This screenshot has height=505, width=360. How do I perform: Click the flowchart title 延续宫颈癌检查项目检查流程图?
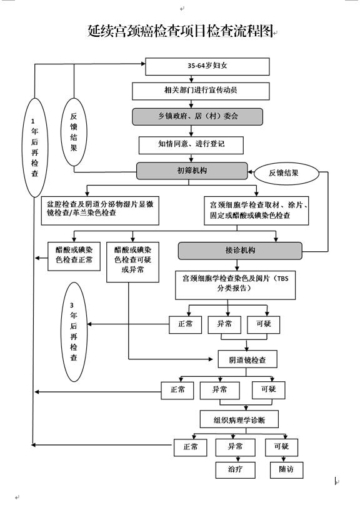click(x=181, y=31)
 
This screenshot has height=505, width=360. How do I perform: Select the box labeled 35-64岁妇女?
click(x=207, y=66)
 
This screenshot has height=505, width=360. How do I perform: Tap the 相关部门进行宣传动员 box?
click(x=201, y=91)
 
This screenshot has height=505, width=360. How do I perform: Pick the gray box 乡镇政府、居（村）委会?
click(x=197, y=117)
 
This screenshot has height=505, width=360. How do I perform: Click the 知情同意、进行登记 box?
click(x=191, y=145)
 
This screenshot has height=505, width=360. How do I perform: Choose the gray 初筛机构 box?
click(x=192, y=171)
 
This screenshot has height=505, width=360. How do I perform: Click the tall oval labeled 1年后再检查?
click(x=34, y=147)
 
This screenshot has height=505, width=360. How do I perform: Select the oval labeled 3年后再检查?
click(x=74, y=332)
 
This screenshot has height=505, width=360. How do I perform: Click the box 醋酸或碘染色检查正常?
click(x=74, y=256)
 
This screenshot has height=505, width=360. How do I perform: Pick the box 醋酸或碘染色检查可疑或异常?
click(x=132, y=262)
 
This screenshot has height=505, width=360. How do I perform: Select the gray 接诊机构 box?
click(x=240, y=251)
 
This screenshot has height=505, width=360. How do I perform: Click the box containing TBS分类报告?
click(x=235, y=285)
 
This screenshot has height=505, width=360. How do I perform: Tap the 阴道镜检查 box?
click(x=247, y=359)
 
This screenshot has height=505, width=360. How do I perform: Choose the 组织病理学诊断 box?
click(x=239, y=419)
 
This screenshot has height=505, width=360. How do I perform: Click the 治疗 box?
click(x=236, y=470)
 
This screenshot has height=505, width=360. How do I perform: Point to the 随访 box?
click(x=286, y=470)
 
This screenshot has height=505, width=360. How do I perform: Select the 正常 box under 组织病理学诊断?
click(x=190, y=447)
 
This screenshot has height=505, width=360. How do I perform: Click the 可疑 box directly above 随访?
click(x=281, y=447)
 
